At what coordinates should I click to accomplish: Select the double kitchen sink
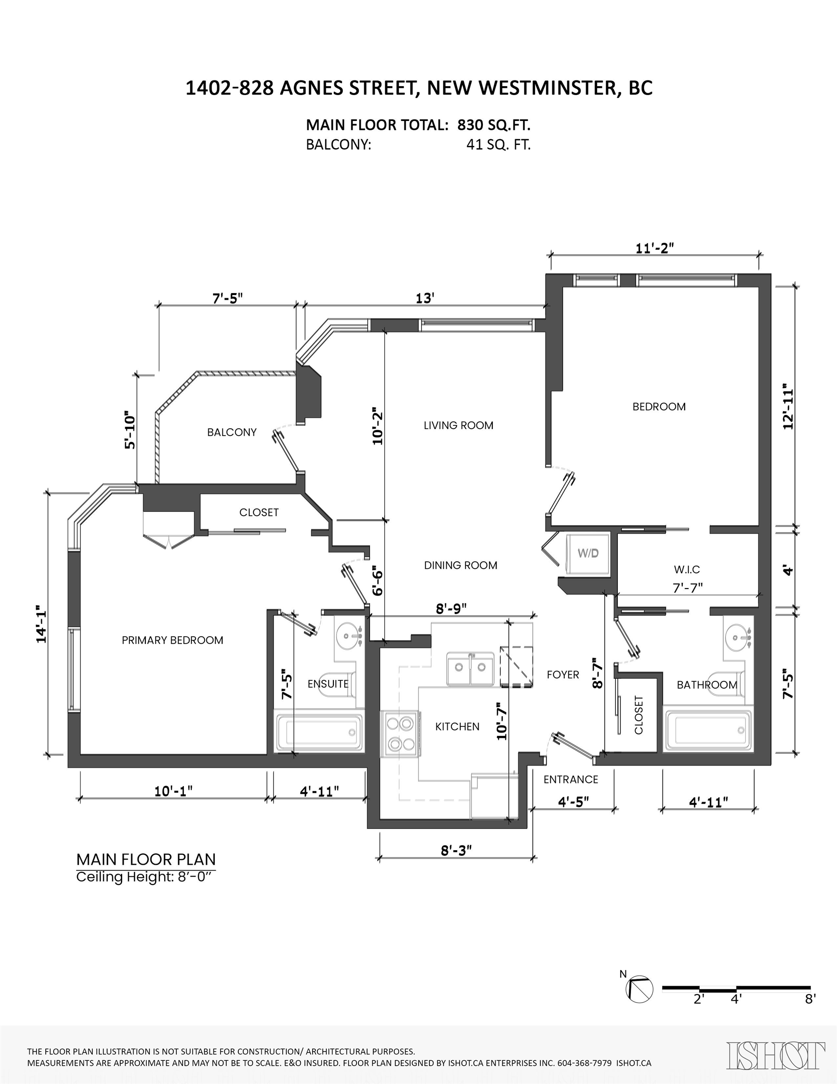coord(469,668)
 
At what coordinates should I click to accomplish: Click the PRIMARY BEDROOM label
coord(173,640)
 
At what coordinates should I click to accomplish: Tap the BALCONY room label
coord(232,432)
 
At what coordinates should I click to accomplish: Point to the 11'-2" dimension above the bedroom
coord(655,247)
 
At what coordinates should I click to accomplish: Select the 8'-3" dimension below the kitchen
coord(456,851)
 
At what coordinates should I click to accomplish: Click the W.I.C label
coord(687,570)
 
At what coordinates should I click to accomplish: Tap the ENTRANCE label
coord(570,779)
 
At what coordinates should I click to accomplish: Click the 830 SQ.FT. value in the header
coord(494,125)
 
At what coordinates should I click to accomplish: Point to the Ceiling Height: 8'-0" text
coord(146,877)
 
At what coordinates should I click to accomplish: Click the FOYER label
coord(563,675)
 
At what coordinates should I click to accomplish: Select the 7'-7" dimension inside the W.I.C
coord(687,588)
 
